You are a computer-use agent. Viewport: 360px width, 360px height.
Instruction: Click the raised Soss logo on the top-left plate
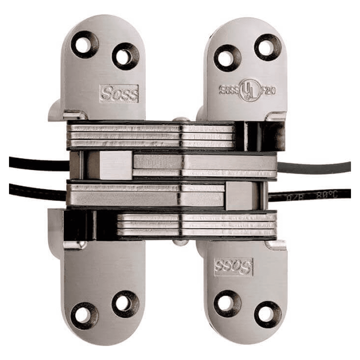click(x=119, y=94)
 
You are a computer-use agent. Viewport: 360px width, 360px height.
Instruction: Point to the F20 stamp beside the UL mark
click(x=268, y=90)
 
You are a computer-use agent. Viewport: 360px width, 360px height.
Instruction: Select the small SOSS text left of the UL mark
click(x=229, y=90)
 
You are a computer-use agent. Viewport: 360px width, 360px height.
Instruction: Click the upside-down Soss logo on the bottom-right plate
click(x=233, y=267)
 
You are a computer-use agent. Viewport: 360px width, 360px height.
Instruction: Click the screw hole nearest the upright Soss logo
click(x=125, y=56)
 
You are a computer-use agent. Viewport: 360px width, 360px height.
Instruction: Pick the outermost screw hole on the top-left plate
click(x=84, y=45)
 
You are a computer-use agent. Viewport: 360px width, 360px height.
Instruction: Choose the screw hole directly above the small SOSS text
click(x=227, y=58)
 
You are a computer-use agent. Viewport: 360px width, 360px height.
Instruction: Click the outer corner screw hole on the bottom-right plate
click(x=268, y=314)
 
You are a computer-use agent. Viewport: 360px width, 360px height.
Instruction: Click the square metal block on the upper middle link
click(x=114, y=165)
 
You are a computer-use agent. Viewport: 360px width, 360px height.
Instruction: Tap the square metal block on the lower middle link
click(x=240, y=195)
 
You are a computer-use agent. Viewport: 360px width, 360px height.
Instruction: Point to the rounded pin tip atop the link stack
click(x=181, y=120)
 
